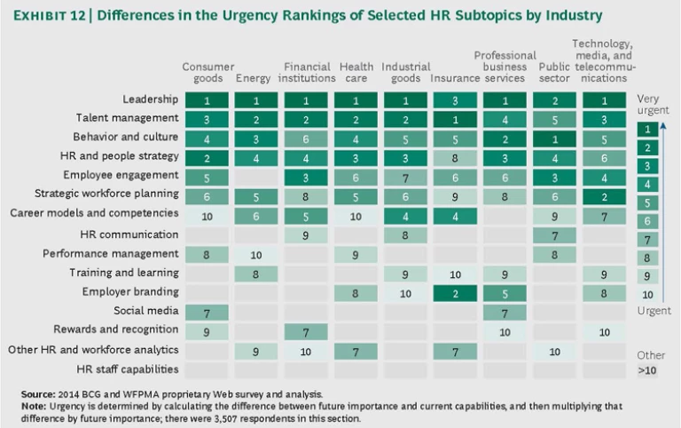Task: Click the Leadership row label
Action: (151, 99)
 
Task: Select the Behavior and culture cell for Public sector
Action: (555, 138)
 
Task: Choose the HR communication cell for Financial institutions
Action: (306, 234)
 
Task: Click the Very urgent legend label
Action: (654, 105)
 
